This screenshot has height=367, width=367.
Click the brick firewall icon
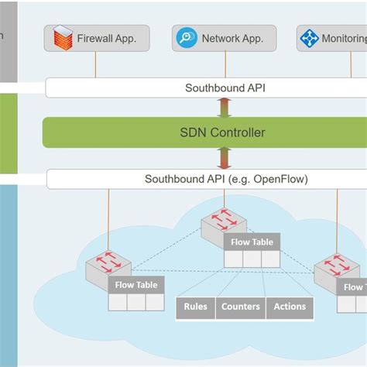click(x=63, y=37)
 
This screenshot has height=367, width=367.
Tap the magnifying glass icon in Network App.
click(x=187, y=37)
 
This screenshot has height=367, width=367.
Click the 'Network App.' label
click(x=232, y=38)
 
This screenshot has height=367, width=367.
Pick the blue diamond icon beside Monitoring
click(x=310, y=37)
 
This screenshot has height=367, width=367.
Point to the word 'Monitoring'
click(x=345, y=38)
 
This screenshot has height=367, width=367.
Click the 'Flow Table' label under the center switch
click(x=251, y=242)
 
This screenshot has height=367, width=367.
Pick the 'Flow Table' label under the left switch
click(x=136, y=285)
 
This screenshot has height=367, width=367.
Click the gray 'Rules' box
click(x=196, y=307)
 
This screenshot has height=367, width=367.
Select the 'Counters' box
click(x=240, y=307)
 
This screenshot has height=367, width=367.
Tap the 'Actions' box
click(x=290, y=307)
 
